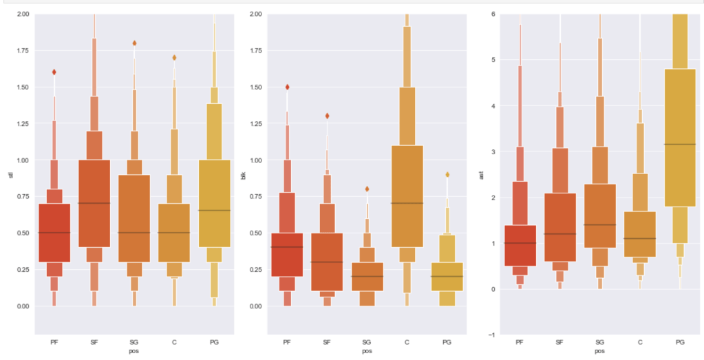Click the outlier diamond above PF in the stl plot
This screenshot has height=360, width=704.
coord(54,72)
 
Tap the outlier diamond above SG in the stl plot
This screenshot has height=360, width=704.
coord(134,43)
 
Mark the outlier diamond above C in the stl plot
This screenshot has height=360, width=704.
coord(174,57)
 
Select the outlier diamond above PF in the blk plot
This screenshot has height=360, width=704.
coord(288,87)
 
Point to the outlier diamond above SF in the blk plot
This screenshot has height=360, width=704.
coord(328,116)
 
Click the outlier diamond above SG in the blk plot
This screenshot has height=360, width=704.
coord(367,189)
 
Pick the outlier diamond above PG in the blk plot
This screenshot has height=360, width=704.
coord(447,174)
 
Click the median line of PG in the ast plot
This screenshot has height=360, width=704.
coord(680,144)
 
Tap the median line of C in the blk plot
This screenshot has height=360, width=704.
coord(407,203)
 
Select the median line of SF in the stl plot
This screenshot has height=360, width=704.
coord(94,203)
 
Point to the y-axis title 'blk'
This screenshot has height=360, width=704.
coord(243,176)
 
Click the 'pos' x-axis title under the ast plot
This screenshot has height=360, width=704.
coord(599,351)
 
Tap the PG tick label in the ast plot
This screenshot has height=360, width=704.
coord(680,341)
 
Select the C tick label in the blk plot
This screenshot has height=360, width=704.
coord(407,341)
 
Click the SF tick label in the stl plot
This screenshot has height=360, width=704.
coord(94,341)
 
